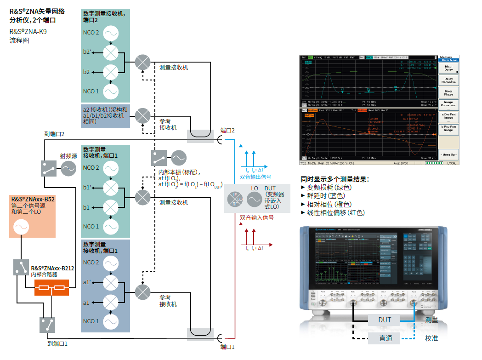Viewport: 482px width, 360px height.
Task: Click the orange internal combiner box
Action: (x=51, y=288)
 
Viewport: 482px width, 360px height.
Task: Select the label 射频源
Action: (x=68, y=156)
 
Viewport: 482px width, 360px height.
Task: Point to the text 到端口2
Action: (x=54, y=134)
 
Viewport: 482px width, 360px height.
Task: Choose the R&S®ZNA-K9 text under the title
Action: (x=28, y=32)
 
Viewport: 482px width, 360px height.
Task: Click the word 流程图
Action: (x=19, y=40)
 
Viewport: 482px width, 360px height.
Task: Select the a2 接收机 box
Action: (x=105, y=116)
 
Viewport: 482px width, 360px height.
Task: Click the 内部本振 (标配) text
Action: (x=176, y=172)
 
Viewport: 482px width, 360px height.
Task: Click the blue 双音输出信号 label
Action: (x=255, y=177)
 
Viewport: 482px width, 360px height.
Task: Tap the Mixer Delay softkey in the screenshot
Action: (x=448, y=68)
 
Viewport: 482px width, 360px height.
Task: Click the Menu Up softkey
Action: (x=448, y=154)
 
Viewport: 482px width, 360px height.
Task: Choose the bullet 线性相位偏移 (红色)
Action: (x=335, y=212)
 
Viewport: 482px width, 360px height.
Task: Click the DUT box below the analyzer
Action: (x=385, y=320)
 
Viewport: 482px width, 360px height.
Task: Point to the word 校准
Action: (x=431, y=338)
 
